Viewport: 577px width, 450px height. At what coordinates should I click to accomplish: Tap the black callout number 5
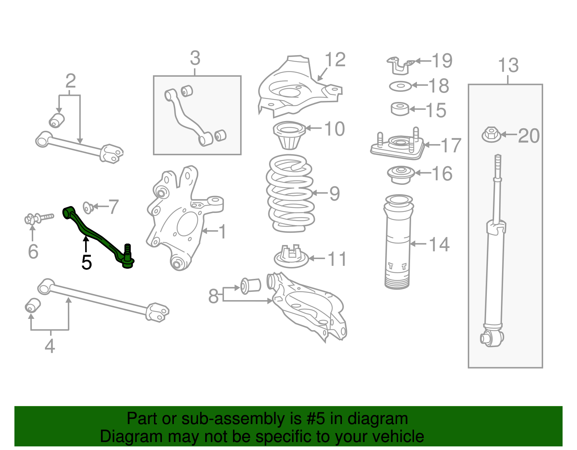pos(87,262)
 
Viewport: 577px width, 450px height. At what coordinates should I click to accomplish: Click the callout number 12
pos(335,60)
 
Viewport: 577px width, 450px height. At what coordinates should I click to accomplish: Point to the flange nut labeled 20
pos(491,135)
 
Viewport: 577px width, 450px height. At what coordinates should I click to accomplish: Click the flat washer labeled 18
pos(400,86)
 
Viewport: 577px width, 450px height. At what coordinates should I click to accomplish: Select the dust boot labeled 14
pos(398,245)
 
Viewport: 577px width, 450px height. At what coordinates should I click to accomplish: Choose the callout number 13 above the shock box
pos(508,66)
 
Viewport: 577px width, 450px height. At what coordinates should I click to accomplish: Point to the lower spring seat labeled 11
pos(291,257)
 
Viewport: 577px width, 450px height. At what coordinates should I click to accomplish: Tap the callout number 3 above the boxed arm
pos(195,58)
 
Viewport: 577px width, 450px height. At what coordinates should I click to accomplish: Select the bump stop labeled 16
pos(400,174)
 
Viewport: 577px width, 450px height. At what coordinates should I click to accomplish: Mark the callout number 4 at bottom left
pos(50,346)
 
